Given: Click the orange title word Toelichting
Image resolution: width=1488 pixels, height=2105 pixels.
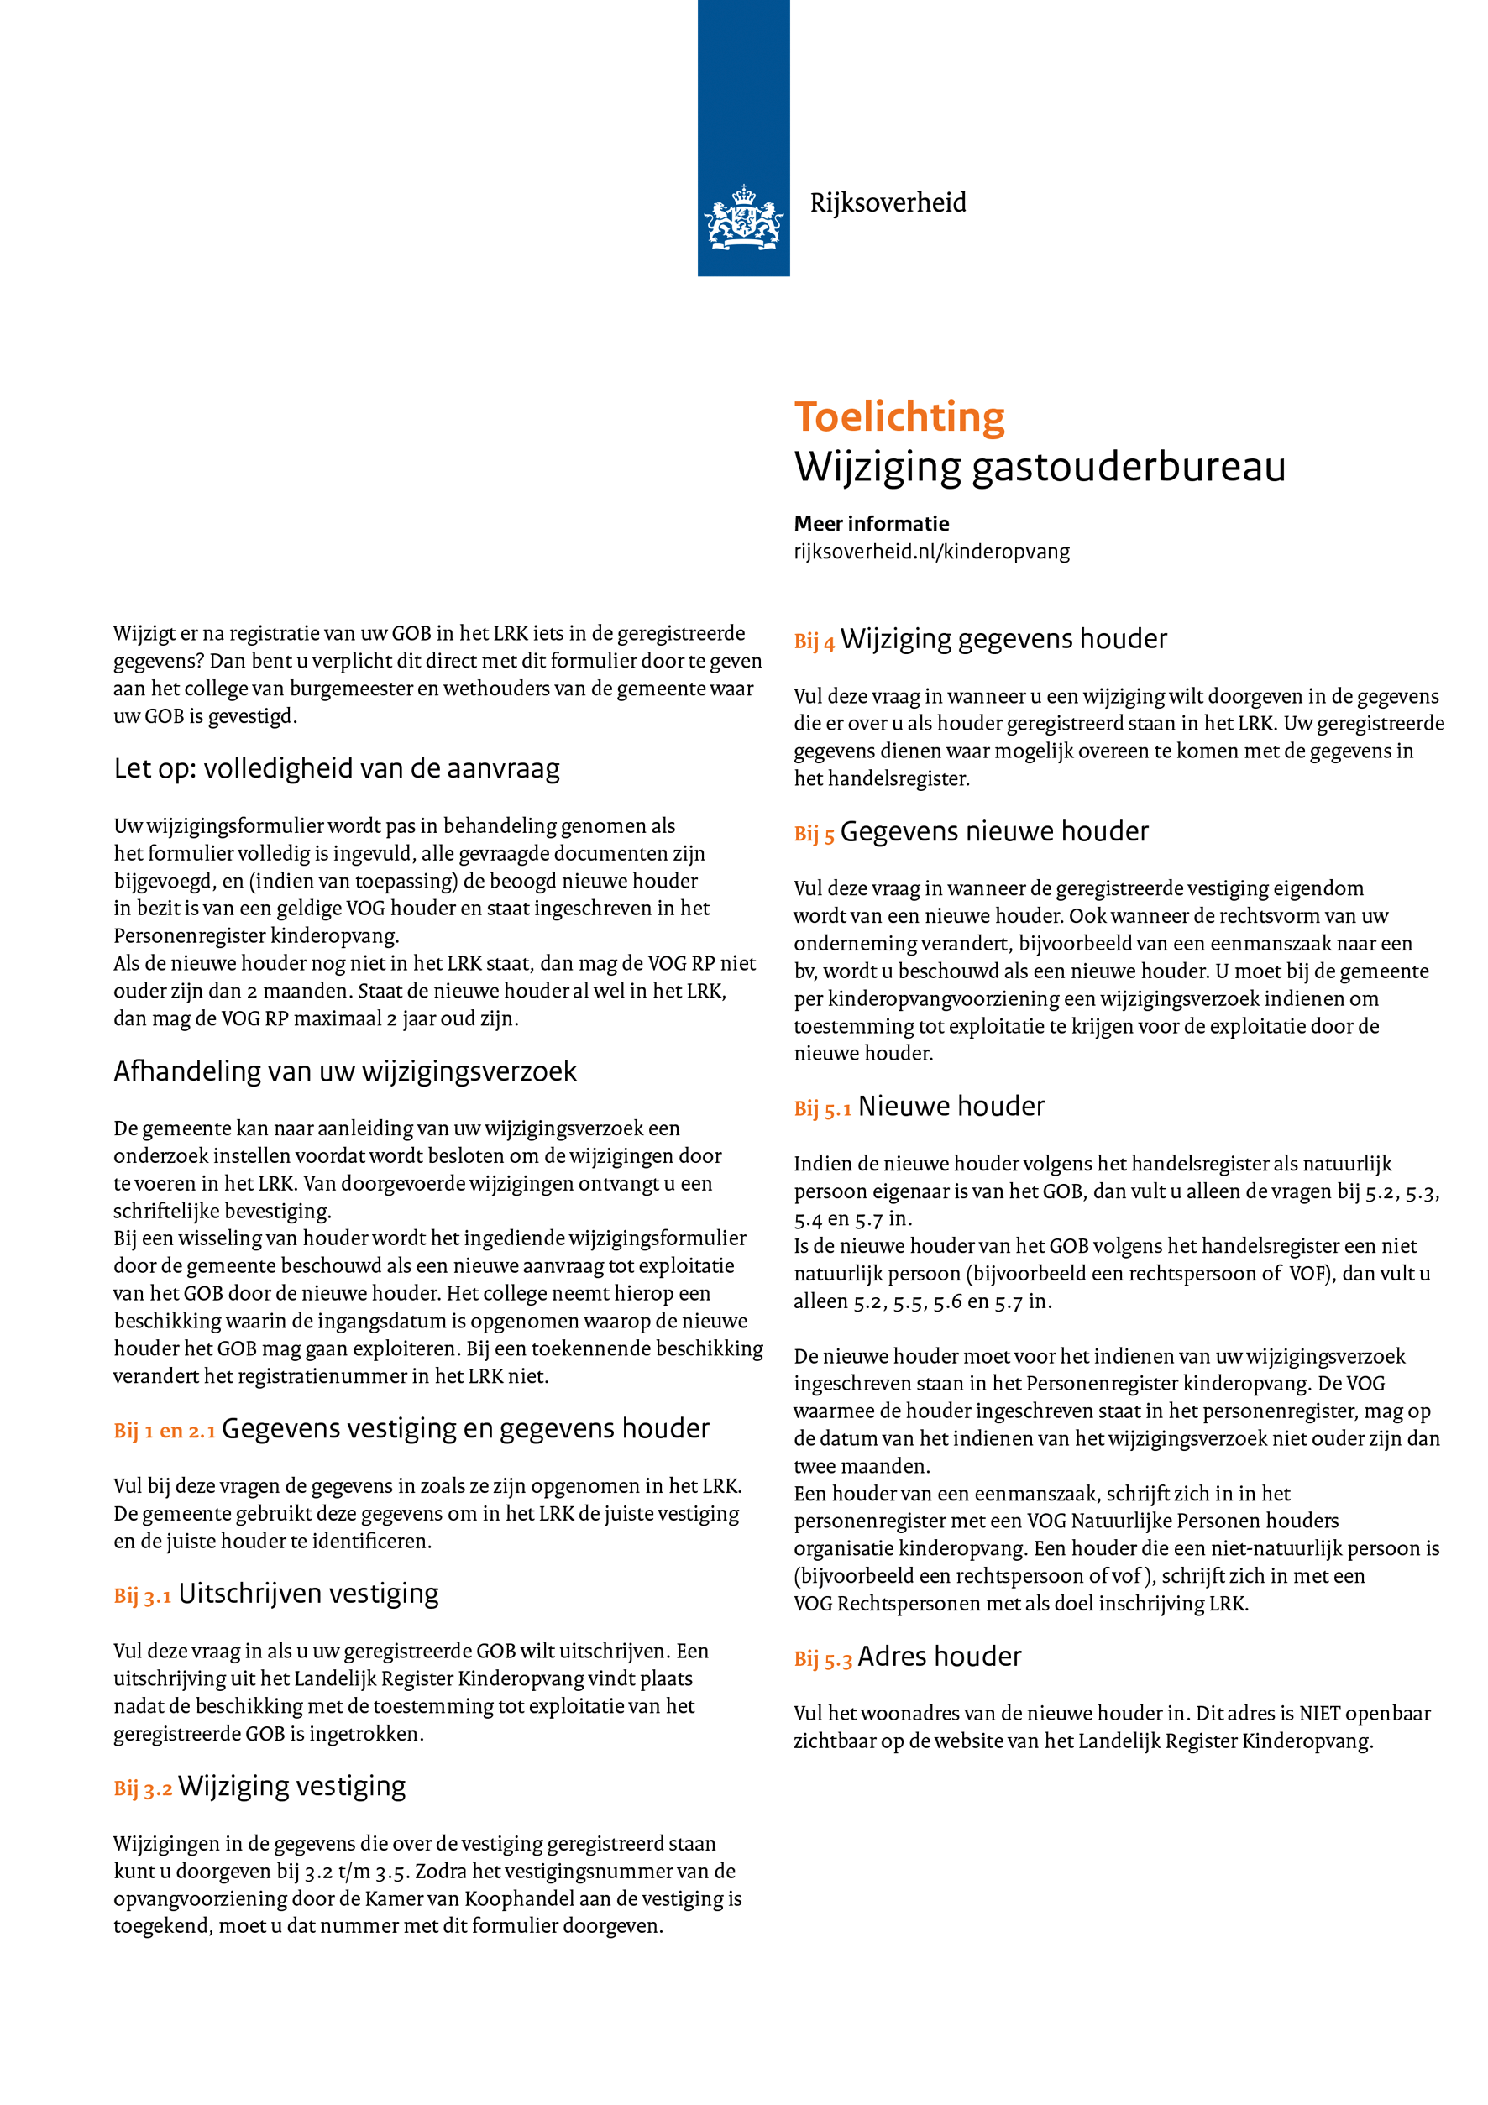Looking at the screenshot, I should click(899, 417).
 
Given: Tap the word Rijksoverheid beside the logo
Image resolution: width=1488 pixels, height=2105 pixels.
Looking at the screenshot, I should click(888, 202).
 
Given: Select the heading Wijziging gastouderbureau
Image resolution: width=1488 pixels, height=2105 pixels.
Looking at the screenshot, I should click(1039, 467).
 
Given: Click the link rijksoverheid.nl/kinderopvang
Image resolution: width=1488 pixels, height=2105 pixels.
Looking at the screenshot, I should click(930, 551).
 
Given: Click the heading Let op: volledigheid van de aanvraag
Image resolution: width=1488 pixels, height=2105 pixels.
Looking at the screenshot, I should click(337, 768).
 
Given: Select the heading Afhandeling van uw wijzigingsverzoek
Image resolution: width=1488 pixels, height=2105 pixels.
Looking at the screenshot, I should click(345, 1071).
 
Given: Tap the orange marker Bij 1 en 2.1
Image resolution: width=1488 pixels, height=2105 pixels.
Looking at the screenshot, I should click(164, 1431).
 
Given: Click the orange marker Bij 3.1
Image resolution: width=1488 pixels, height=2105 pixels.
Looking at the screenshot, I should click(142, 1596).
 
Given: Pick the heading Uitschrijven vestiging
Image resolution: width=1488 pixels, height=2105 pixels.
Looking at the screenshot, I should click(308, 1594).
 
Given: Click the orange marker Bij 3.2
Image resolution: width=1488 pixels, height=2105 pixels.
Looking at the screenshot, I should click(142, 1788).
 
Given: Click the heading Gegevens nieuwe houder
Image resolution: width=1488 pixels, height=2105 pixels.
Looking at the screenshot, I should click(994, 831).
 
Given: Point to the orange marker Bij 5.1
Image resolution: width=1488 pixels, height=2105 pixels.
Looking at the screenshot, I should click(822, 1109).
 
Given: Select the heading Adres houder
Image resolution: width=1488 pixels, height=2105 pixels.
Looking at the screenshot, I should click(939, 1657).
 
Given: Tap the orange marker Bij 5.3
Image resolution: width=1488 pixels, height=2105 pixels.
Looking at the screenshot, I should click(822, 1659).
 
